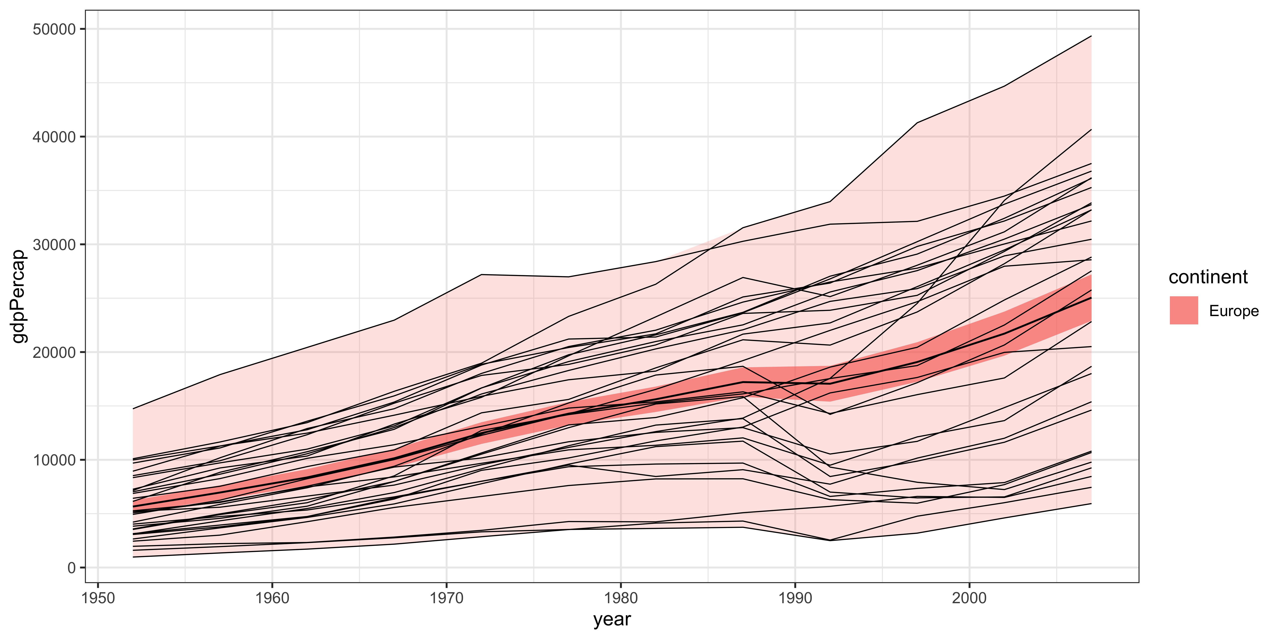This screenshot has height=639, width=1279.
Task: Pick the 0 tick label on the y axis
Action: click(x=71, y=568)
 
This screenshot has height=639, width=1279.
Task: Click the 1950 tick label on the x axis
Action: click(x=98, y=598)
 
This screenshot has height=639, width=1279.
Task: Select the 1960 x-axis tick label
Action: click(x=272, y=598)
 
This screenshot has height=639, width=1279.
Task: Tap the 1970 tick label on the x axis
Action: click(x=446, y=598)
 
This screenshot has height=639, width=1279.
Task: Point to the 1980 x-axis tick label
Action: click(x=621, y=598)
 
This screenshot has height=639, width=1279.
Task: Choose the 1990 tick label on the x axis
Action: click(x=795, y=598)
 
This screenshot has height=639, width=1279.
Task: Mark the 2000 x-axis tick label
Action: click(x=969, y=598)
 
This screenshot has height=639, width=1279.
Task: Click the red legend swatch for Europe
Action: click(x=1184, y=311)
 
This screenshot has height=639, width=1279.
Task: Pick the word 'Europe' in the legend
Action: click(x=1234, y=311)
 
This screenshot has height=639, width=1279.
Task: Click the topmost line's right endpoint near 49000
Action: click(x=1091, y=36)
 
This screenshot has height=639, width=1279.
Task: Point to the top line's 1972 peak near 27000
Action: click(x=482, y=274)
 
